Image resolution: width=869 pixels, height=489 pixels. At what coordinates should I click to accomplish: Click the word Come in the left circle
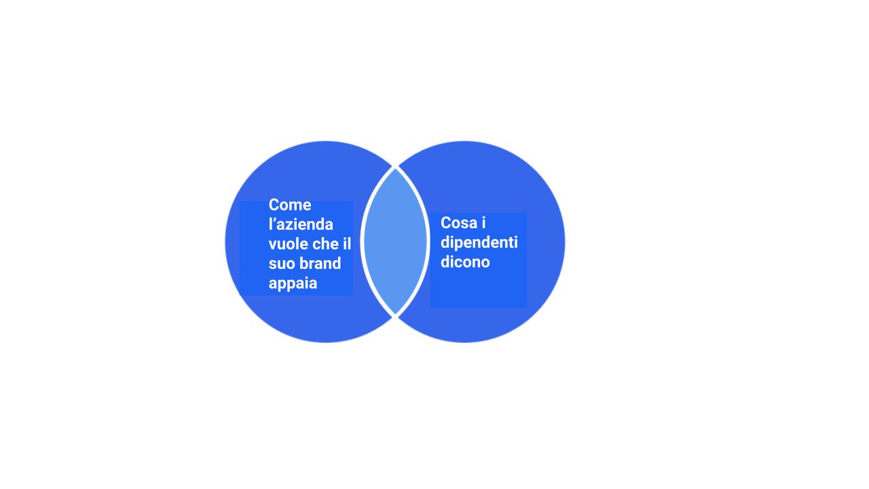[x=290, y=205]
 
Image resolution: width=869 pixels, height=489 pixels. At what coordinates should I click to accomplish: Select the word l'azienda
[x=301, y=224]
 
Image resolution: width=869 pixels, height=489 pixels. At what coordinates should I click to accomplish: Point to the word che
[x=325, y=244]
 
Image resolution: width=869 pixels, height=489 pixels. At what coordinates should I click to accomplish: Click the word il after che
[x=347, y=244]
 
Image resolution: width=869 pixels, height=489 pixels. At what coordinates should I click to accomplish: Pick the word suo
[x=280, y=264]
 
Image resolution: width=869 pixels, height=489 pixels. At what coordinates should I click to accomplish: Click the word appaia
[x=293, y=284]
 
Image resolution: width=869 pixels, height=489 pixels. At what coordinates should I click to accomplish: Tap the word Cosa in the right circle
[x=459, y=223]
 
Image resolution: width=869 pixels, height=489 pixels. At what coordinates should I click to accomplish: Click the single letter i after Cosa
[x=484, y=223]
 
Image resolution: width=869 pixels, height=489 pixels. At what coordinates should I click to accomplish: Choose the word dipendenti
[x=479, y=243]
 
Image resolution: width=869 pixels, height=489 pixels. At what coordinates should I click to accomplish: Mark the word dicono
[x=465, y=262]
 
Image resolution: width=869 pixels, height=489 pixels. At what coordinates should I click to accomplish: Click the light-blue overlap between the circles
[x=395, y=241]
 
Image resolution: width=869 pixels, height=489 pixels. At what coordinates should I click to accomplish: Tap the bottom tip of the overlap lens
[x=395, y=314]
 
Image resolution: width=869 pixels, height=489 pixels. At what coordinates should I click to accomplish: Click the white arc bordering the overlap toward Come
[x=362, y=241]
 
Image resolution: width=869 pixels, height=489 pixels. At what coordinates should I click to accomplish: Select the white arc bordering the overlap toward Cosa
[x=428, y=241]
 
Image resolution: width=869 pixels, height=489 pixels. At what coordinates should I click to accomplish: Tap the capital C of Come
[x=274, y=205]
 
